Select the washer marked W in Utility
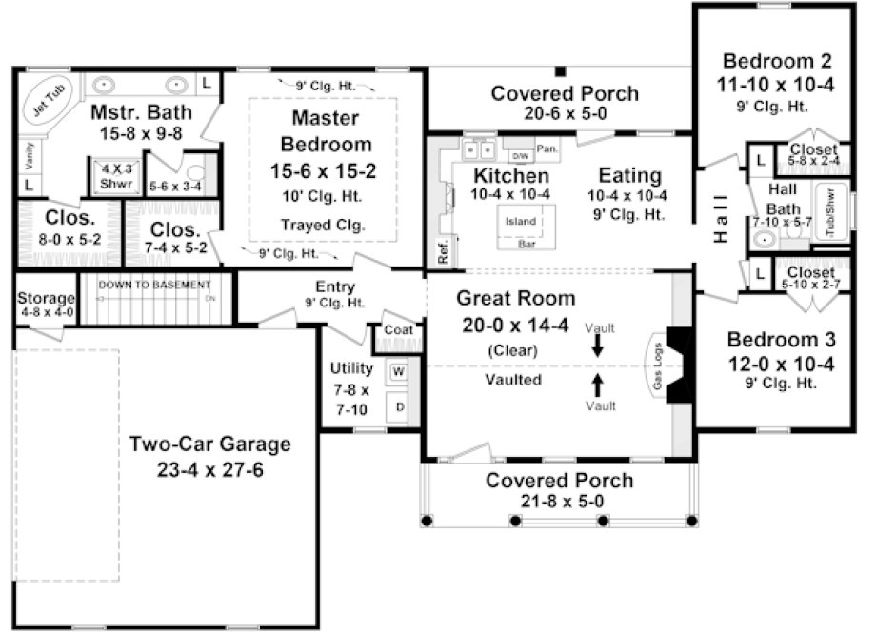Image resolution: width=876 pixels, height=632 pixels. (397, 371)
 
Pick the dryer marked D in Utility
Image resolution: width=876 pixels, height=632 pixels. (397, 407)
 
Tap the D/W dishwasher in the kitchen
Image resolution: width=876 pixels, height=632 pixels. (520, 155)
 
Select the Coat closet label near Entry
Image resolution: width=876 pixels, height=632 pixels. (397, 330)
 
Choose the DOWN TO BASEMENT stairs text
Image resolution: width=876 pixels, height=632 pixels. (154, 285)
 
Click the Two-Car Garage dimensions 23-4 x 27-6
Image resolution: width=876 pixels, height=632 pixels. (209, 469)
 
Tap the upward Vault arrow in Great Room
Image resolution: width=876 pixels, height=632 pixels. (597, 385)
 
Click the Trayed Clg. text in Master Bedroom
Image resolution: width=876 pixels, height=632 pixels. (325, 226)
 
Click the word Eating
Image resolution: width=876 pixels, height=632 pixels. (629, 175)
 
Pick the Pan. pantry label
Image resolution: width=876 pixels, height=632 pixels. (547, 148)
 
